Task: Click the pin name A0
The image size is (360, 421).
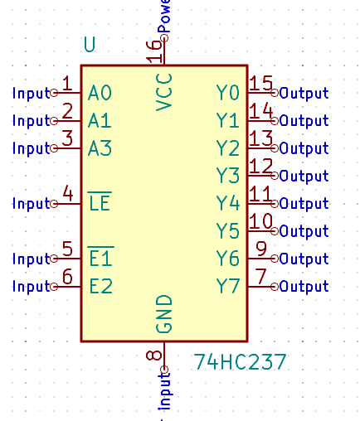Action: pos(100,93)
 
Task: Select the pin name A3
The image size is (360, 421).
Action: pos(100,148)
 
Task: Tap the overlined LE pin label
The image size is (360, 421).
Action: pos(100,202)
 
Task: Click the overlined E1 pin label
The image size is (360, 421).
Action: pos(100,259)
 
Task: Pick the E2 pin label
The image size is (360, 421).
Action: pos(100,287)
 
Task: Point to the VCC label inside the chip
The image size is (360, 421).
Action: pos(164,93)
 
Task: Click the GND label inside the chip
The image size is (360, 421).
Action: pos(164,313)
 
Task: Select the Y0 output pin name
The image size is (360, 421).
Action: pos(228,93)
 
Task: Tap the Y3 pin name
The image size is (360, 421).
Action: pos(228,176)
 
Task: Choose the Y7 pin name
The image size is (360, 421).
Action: pos(228,287)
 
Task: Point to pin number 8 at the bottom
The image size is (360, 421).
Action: pos(154,356)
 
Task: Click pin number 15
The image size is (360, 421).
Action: pos(261,84)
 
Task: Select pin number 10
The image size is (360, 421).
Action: pos(261,221)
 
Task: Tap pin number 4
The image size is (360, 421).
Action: pos(68,194)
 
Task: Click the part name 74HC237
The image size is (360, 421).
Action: pos(240,362)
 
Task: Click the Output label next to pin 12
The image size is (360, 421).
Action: pos(304,176)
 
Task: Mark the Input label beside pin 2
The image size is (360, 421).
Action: pos(32,121)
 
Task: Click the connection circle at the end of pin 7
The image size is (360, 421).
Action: pos(276,287)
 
